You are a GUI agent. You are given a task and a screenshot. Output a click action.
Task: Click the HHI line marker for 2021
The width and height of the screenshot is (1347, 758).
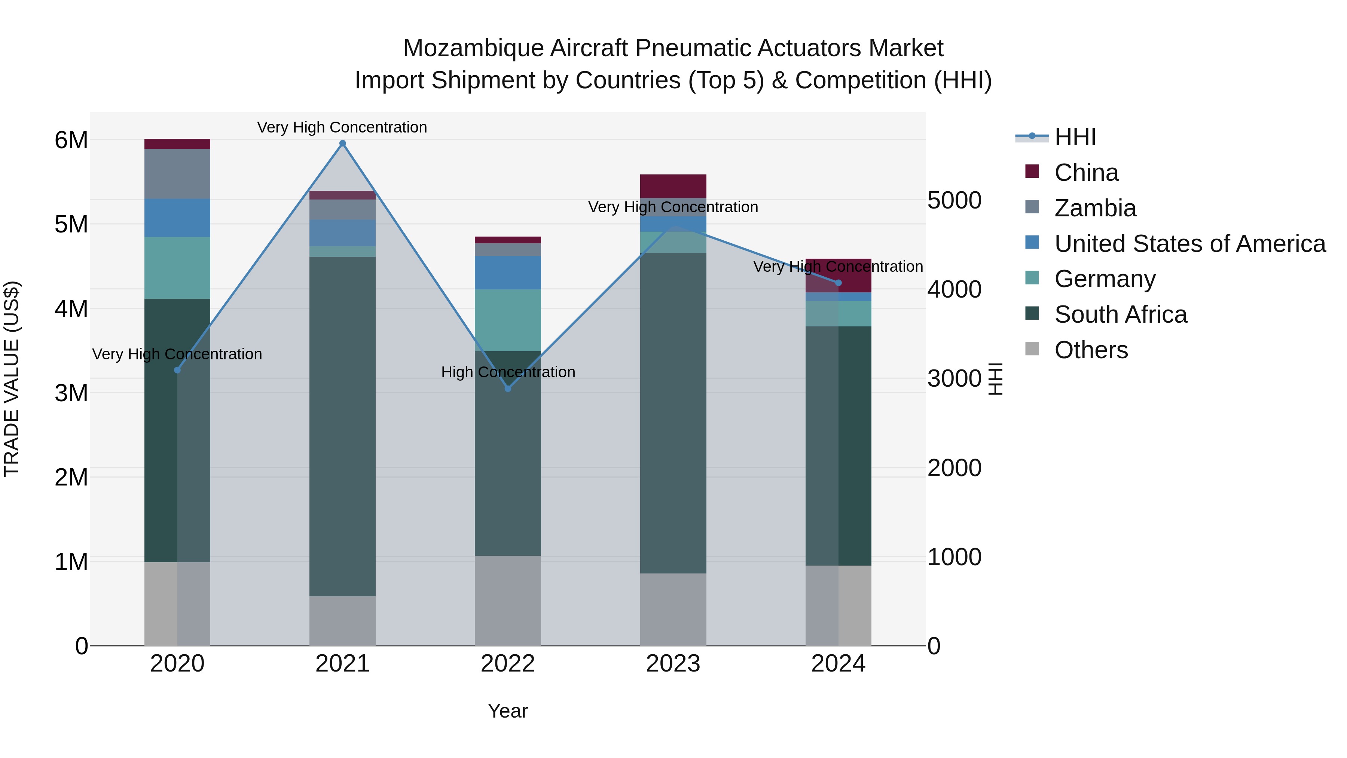coord(342,143)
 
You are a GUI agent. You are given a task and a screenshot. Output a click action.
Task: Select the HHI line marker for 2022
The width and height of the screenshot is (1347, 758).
coord(508,389)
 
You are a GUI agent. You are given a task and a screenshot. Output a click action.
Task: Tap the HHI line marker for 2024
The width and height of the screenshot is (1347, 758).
coord(838,283)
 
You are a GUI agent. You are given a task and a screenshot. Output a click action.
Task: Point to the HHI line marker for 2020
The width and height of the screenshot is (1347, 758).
coord(177,370)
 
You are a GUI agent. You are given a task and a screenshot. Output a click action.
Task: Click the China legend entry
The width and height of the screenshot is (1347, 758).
coord(1086,173)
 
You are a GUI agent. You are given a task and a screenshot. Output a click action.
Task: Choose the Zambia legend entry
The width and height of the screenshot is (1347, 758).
coord(1095,208)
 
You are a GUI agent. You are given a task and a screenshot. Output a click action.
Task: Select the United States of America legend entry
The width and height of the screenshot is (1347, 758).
coord(1189,244)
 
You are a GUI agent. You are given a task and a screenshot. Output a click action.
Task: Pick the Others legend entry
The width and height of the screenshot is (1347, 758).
coord(1091,350)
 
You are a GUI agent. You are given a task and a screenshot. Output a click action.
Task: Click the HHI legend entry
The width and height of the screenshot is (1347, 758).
coord(1075,137)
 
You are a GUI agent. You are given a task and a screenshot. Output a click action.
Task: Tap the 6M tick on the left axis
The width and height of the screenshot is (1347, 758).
coord(71,140)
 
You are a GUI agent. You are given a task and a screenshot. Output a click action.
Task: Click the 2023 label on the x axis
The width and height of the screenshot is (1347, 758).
coord(673,664)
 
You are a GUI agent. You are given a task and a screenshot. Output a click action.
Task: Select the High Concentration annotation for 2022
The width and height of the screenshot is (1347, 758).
coord(508,372)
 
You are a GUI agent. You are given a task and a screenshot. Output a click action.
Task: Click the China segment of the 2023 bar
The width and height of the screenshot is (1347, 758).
coord(673,186)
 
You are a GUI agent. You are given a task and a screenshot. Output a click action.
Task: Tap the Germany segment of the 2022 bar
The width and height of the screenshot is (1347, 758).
coord(508,320)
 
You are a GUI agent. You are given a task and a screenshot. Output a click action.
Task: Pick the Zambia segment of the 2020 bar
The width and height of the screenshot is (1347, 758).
coord(177,174)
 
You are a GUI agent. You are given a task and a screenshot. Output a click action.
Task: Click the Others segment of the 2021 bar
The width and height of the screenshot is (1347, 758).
coord(342,621)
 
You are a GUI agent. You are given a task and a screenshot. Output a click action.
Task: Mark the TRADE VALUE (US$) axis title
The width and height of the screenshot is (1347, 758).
coord(12,379)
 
